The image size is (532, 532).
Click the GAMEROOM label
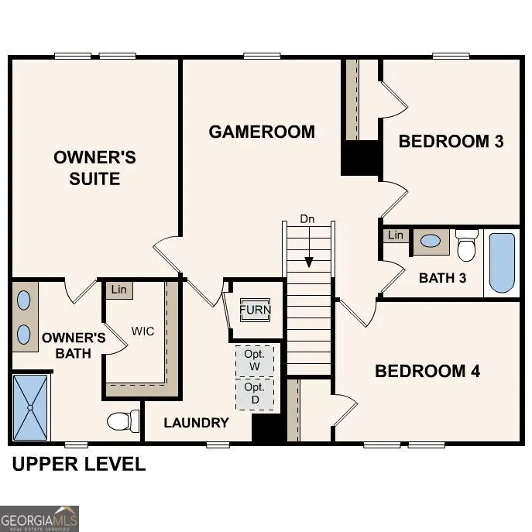(262, 132)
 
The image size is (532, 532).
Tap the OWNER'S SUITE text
(94, 168)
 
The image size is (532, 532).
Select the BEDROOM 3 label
(451, 141)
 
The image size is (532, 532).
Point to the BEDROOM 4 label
(427, 371)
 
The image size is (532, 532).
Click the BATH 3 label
(442, 278)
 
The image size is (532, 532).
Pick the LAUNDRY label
(196, 423)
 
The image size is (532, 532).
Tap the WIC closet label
(142, 331)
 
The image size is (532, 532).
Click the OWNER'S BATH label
(74, 345)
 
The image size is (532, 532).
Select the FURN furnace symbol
(255, 310)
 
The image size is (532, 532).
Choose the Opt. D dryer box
(255, 393)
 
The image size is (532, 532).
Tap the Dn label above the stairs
(307, 219)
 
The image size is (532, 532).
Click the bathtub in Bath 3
(502, 263)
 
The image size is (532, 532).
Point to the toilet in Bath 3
(466, 246)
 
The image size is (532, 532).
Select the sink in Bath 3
(430, 242)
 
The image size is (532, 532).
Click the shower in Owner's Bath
(30, 407)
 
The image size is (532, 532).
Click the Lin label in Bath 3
(396, 235)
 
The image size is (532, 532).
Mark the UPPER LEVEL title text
(77, 465)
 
